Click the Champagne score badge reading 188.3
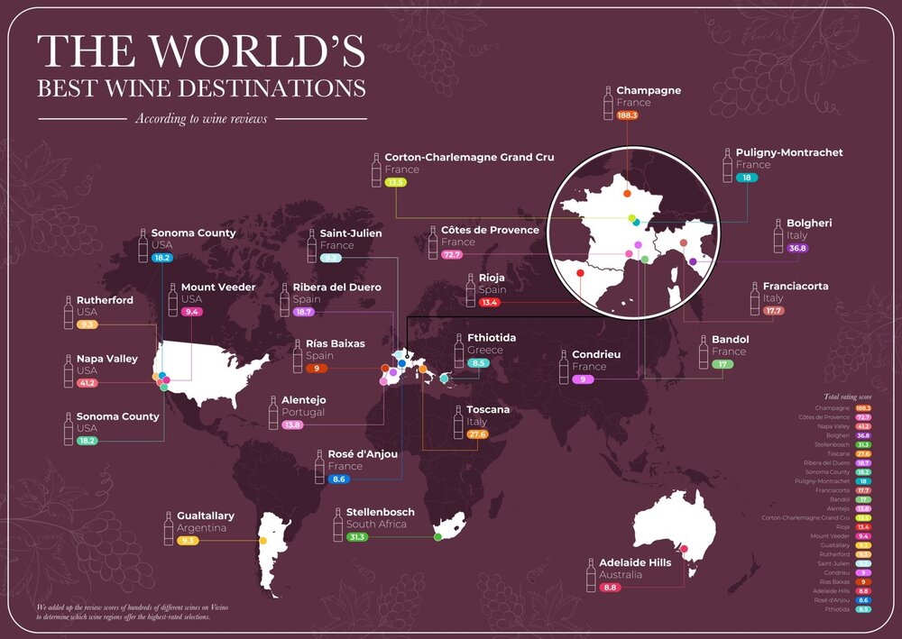point(628,115)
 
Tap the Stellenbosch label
point(380,512)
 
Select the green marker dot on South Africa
point(437,537)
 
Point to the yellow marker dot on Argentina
point(262,541)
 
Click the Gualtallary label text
point(206,516)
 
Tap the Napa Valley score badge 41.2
point(87,383)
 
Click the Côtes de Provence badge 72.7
point(452,255)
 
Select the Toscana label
point(488,409)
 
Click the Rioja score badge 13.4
point(490,303)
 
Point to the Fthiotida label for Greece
point(492,337)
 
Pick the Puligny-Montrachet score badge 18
point(746,178)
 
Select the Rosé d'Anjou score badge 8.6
point(339,479)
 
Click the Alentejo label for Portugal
point(303,399)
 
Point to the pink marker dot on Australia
point(684,549)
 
